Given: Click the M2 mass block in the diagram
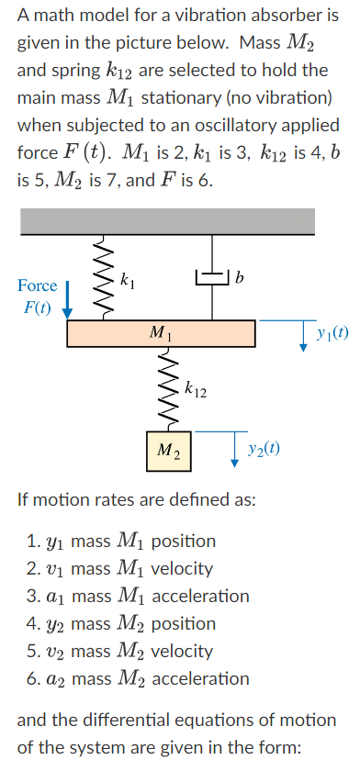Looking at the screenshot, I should click(x=167, y=450).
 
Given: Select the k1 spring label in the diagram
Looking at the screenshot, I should click(x=130, y=277).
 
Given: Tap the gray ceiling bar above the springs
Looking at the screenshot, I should click(x=166, y=220).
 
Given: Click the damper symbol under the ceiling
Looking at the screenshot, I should click(x=213, y=277).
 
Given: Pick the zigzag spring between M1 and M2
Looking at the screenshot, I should click(x=167, y=389).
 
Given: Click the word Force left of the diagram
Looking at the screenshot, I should click(x=37, y=285).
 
